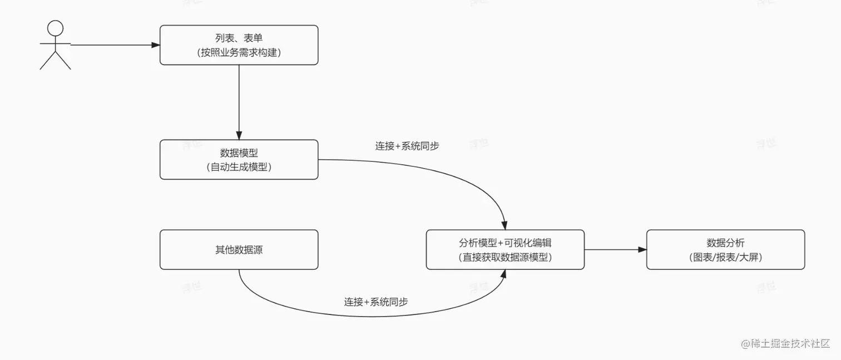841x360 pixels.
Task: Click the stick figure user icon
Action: [x=55, y=46]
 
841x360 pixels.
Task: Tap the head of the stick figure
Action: [x=55, y=28]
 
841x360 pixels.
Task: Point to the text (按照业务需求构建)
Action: [x=239, y=52]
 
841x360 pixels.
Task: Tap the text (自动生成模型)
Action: [x=239, y=166]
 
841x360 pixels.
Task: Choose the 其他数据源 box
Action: [x=239, y=250]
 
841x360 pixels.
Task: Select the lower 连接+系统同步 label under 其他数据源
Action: [x=375, y=302]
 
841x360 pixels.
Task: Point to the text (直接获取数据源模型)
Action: [x=505, y=257]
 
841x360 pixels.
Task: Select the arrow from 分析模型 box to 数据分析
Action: [x=615, y=250]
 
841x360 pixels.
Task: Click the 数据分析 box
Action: [x=725, y=250]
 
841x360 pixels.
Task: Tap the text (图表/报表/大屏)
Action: [x=725, y=257]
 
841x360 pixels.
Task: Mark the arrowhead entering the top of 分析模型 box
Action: [x=504, y=225]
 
